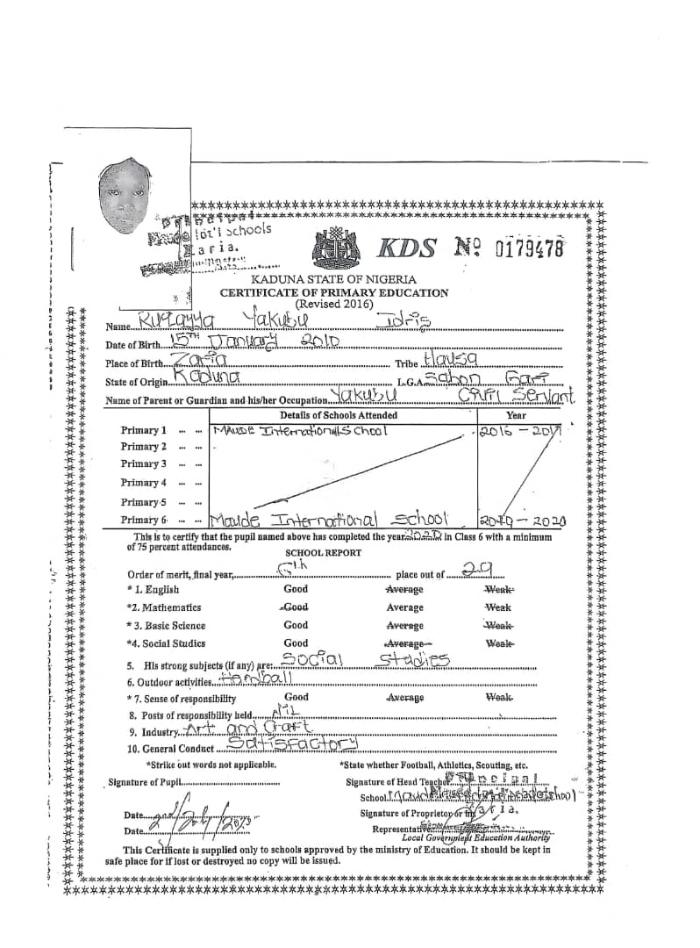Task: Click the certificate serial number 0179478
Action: click(x=530, y=248)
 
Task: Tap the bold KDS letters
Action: click(x=405, y=248)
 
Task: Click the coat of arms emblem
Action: click(x=337, y=248)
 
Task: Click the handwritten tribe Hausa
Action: click(x=449, y=360)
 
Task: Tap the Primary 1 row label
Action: click(x=144, y=430)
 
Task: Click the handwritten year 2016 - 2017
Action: click(x=521, y=432)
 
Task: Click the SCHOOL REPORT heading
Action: click(x=323, y=553)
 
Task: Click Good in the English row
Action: click(x=296, y=589)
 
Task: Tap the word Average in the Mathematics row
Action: click(x=404, y=607)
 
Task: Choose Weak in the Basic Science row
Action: click(x=498, y=626)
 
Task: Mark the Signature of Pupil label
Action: click(x=146, y=782)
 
